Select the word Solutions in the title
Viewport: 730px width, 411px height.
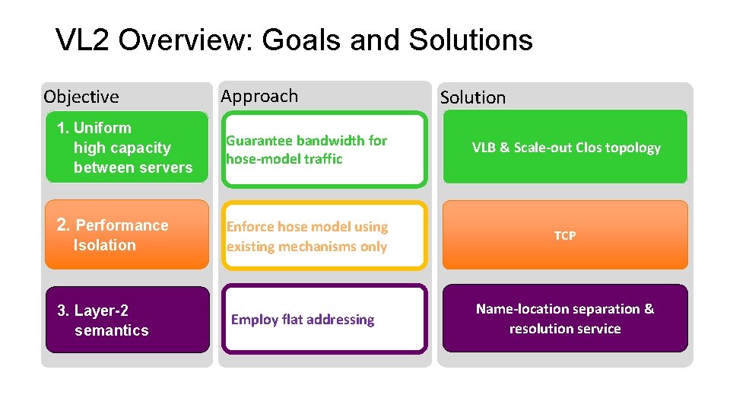pos(471,40)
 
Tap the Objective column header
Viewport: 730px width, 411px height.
pos(81,97)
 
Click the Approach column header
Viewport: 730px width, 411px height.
pos(259,96)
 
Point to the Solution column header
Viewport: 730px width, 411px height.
pos(473,97)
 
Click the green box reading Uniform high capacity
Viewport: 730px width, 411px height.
pos(126,148)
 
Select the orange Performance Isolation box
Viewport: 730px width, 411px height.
pos(126,234)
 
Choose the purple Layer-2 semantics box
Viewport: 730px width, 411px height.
pos(127,320)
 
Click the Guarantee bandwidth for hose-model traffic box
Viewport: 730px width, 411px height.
pos(324,150)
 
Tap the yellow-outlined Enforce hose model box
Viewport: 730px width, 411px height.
pos(324,236)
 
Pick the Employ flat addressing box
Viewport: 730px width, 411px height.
pos(324,320)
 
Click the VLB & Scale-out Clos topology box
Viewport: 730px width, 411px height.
pos(565,148)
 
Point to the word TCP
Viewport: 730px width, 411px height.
pos(565,236)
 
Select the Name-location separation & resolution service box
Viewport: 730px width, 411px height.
pos(565,319)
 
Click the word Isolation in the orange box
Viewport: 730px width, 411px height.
pos(105,245)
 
